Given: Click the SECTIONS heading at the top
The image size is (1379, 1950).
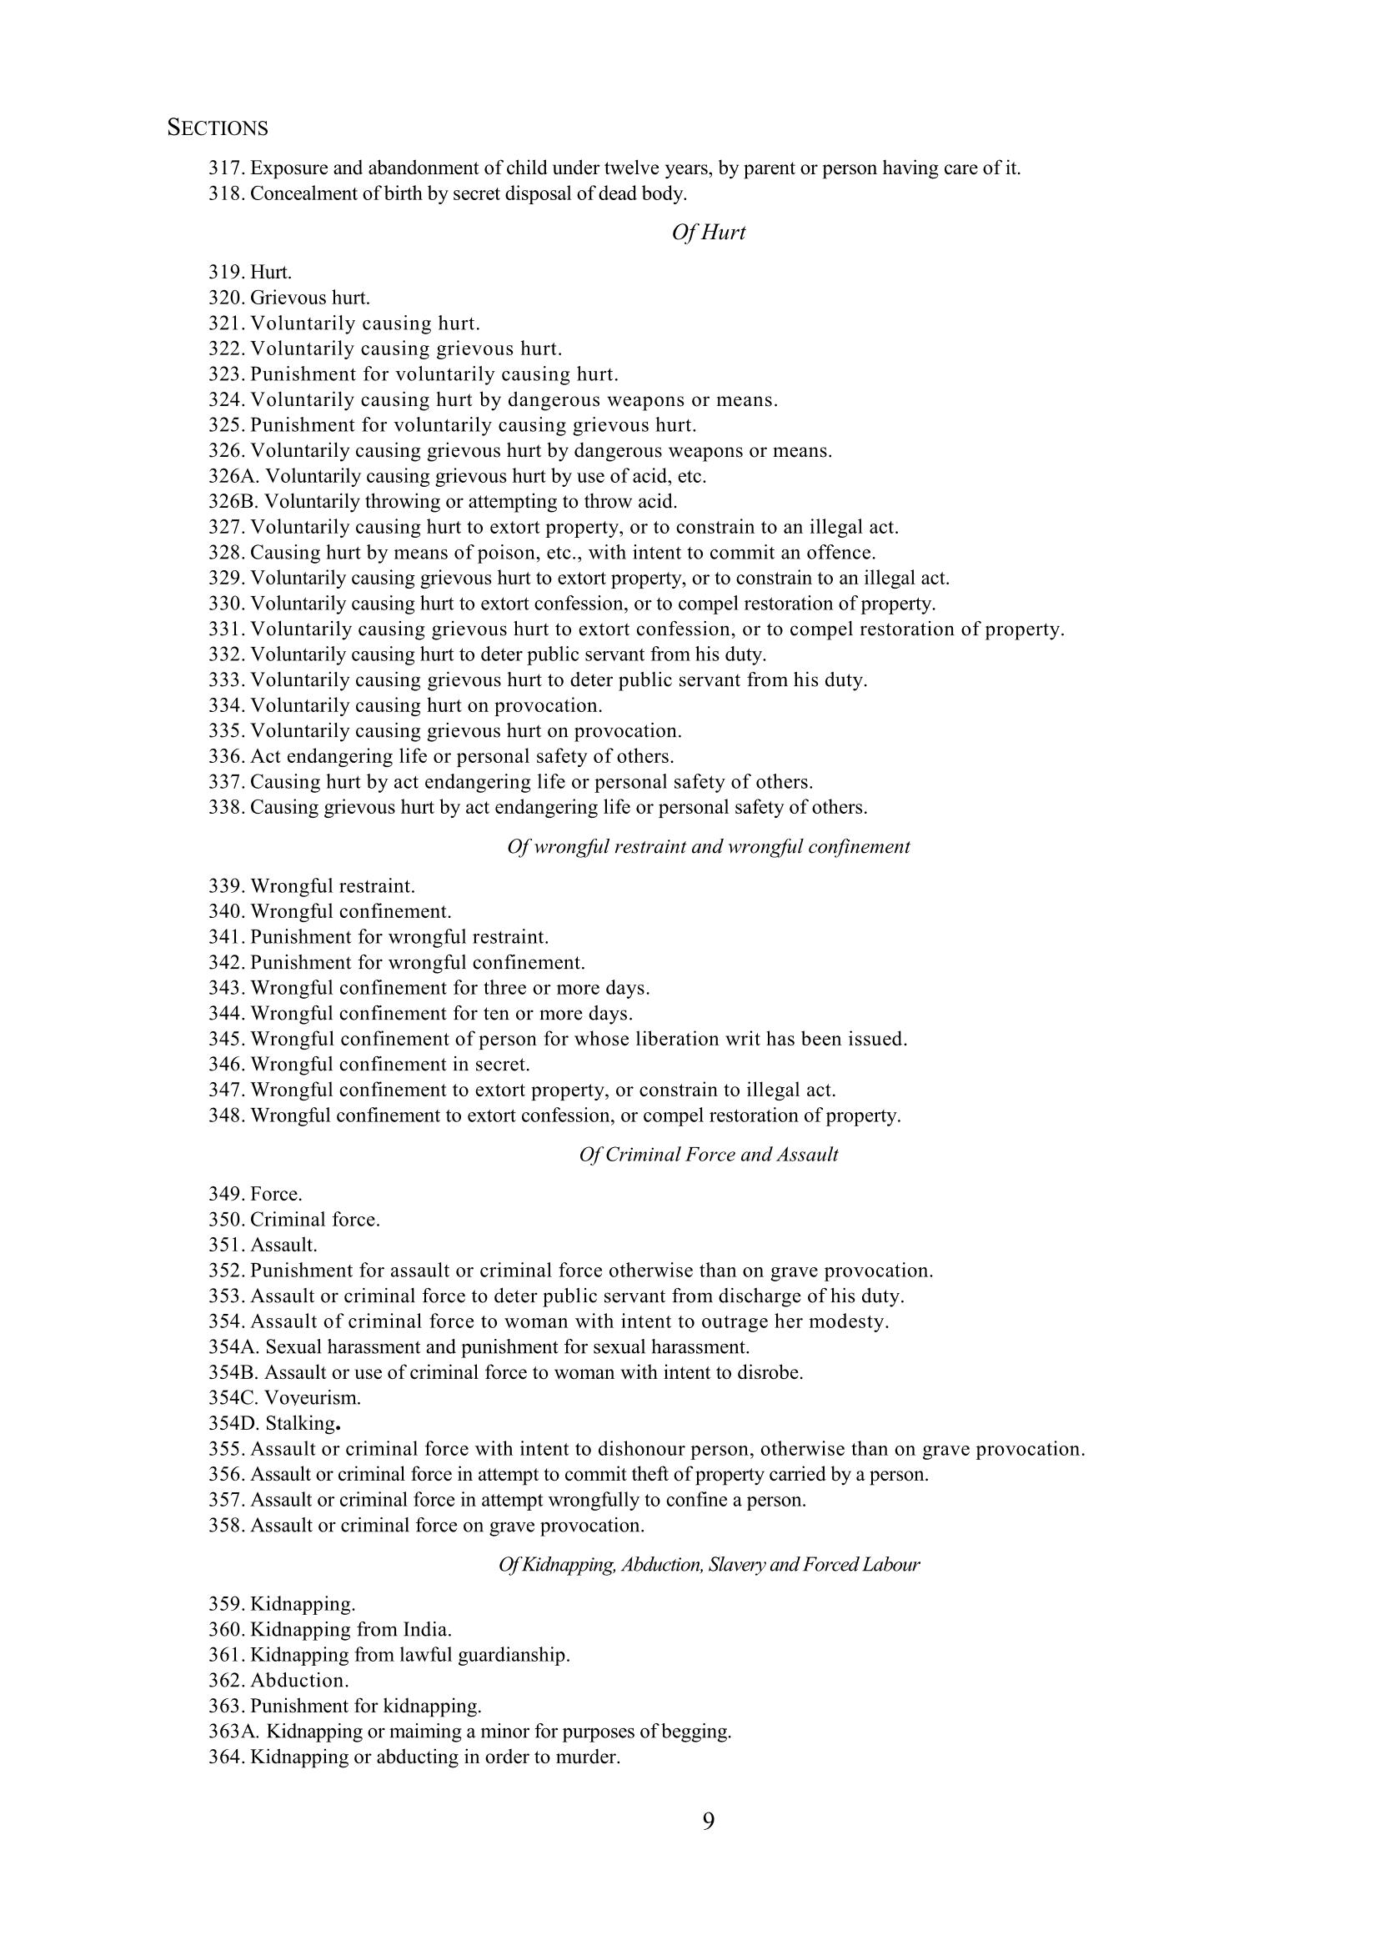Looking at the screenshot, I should (x=218, y=128).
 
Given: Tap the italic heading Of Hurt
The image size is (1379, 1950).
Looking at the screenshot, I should (x=708, y=233).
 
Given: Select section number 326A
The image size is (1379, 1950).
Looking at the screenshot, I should (x=233, y=475).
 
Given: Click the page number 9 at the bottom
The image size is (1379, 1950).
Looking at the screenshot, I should (x=708, y=1821).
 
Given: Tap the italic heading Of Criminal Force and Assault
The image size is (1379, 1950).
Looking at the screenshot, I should (x=708, y=1154).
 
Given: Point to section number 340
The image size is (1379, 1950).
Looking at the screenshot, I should (x=227, y=911).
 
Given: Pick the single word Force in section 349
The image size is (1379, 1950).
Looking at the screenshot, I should (x=276, y=1194).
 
